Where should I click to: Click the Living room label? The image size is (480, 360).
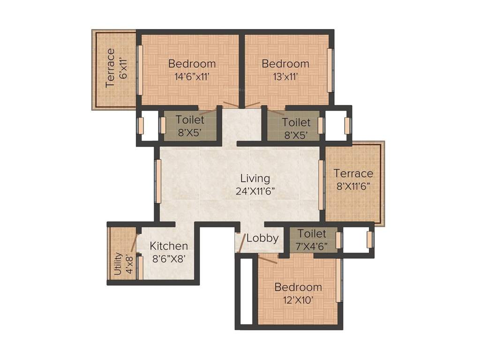pyautogui.click(x=255, y=178)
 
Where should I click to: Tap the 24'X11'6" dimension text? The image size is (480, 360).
pyautogui.click(x=255, y=191)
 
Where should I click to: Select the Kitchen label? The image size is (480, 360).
pyautogui.click(x=169, y=246)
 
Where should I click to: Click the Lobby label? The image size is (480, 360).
pyautogui.click(x=262, y=238)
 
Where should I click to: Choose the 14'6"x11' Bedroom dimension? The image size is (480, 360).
pyautogui.click(x=192, y=76)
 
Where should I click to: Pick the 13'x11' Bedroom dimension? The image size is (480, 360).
pyautogui.click(x=285, y=76)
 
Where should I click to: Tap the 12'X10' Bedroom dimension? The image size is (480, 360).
pyautogui.click(x=298, y=300)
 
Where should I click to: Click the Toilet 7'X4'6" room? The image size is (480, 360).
pyautogui.click(x=312, y=240)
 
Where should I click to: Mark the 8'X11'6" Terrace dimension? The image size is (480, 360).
pyautogui.click(x=353, y=185)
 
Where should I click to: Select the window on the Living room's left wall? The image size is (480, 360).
pyautogui.click(x=158, y=181)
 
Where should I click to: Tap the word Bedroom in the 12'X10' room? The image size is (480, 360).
pyautogui.click(x=298, y=287)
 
